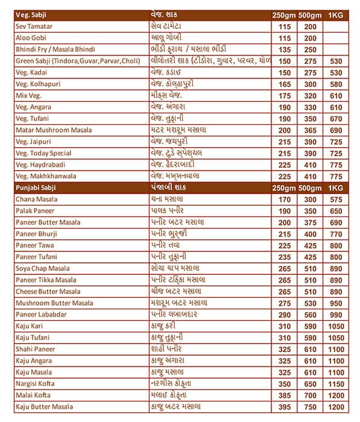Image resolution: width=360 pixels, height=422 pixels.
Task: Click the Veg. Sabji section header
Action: (33, 15)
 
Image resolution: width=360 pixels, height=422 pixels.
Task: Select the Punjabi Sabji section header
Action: (38, 188)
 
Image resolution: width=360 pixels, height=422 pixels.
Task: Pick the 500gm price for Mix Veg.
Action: (311, 96)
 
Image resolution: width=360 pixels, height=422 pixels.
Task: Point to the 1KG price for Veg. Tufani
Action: (336, 119)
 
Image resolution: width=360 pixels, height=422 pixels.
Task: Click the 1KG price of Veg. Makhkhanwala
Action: (336, 176)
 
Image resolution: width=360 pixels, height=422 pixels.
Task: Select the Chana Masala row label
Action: (37, 199)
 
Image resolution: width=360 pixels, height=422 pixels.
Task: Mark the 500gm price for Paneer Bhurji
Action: (311, 234)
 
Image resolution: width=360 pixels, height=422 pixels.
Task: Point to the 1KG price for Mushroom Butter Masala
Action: (336, 303)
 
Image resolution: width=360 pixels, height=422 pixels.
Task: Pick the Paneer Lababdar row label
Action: (42, 315)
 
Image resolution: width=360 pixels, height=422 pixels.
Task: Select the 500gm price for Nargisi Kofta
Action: (311, 383)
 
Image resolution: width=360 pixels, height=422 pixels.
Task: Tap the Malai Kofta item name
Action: (36, 395)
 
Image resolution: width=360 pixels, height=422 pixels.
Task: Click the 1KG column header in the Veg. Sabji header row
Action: (336, 15)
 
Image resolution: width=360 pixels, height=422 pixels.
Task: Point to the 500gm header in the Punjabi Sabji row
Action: (311, 188)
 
